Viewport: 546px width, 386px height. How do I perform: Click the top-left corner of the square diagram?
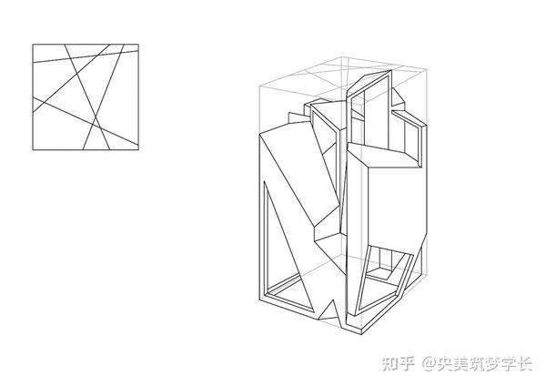pos(33,44)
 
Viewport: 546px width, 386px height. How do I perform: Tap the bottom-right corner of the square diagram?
pos(139,149)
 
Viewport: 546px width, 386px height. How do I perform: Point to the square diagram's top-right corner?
pos(139,44)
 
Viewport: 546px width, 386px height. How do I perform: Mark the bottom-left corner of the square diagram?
pos(33,149)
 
